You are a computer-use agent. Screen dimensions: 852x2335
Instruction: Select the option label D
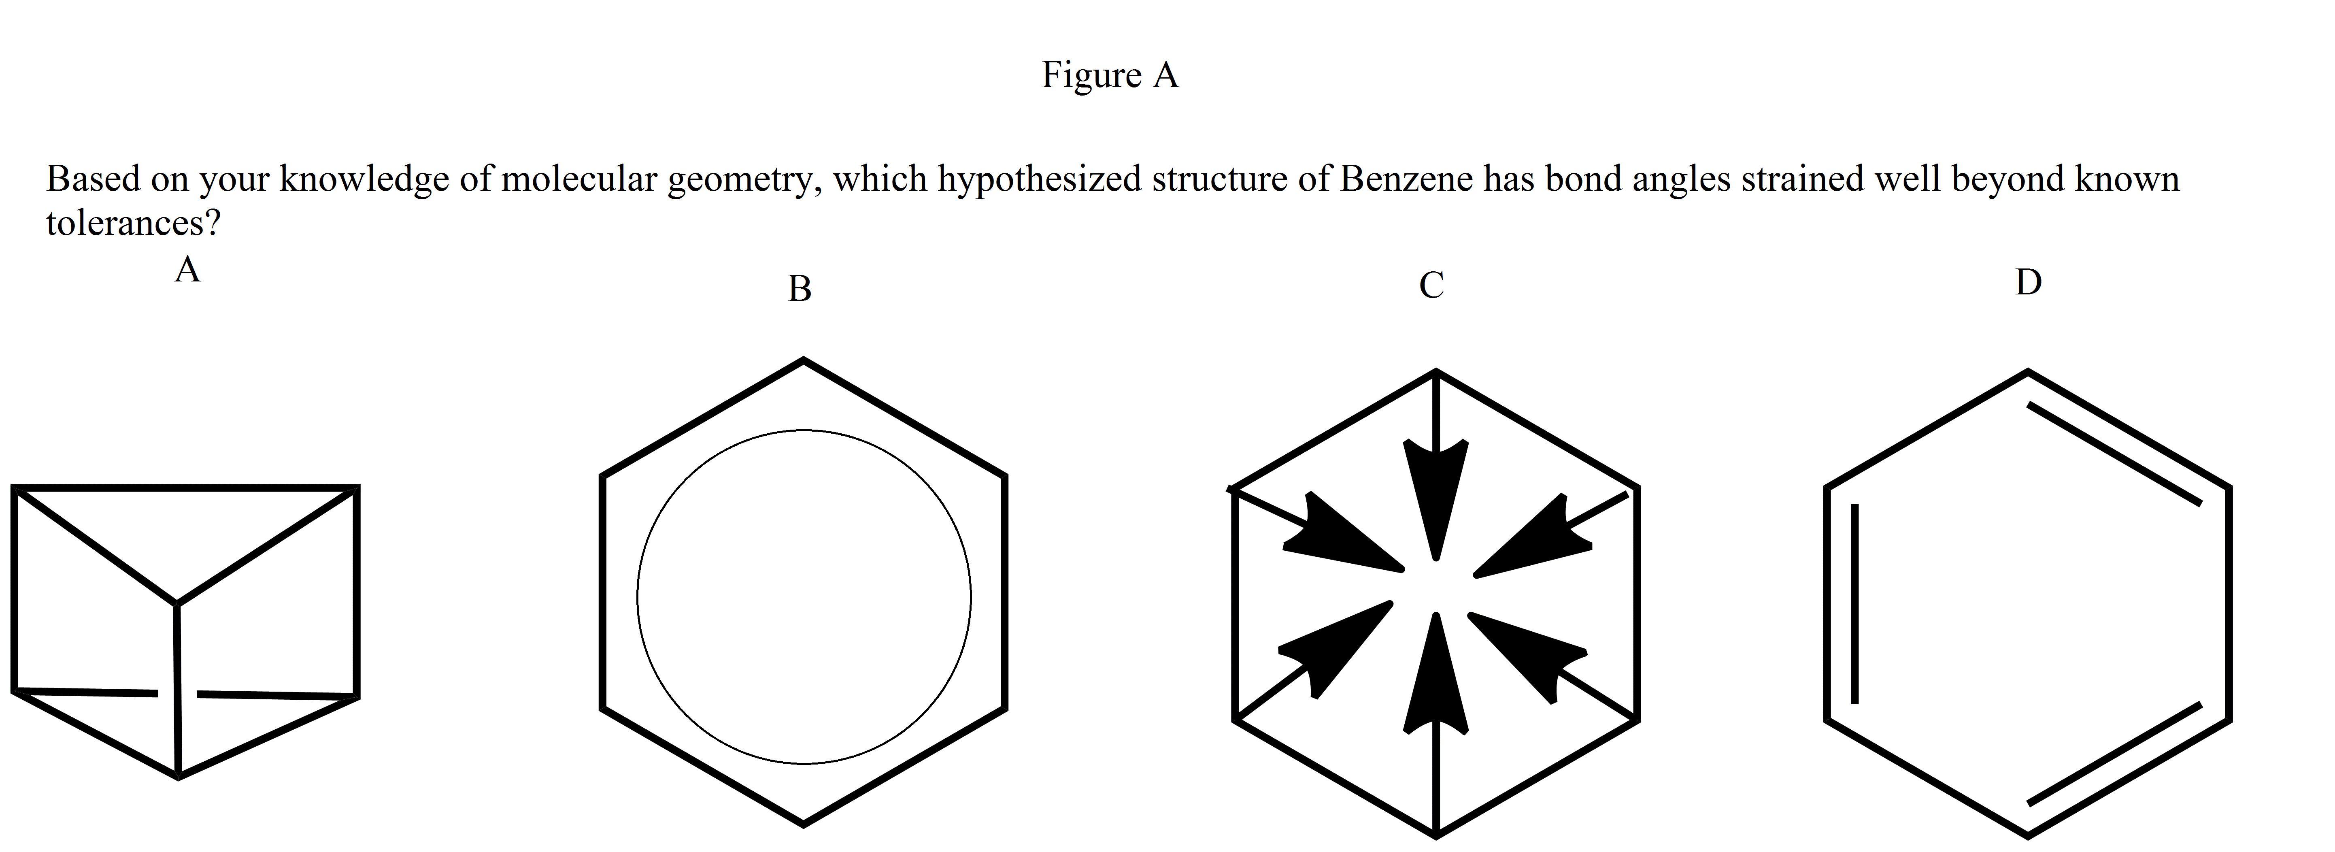(2028, 283)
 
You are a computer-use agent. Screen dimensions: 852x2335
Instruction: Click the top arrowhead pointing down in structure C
(1435, 490)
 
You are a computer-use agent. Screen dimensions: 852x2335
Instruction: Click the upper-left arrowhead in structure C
(1342, 535)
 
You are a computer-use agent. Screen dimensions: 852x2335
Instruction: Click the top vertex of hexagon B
(803, 360)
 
